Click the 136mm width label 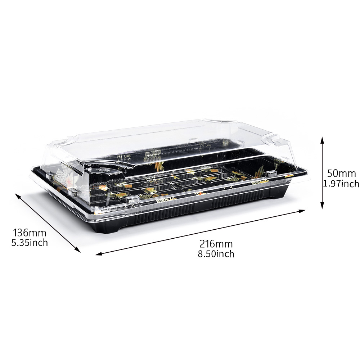pos(30,233)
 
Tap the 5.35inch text pos(30,242)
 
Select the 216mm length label pos(216,244)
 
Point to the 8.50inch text pos(216,254)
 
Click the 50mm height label pos(341,173)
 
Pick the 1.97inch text pos(341,184)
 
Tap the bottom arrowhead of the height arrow pos(322,206)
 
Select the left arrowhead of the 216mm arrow pos(99,253)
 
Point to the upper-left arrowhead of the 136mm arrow pos(18,196)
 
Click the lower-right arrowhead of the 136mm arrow pos(77,249)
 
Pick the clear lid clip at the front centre pos(131,200)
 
